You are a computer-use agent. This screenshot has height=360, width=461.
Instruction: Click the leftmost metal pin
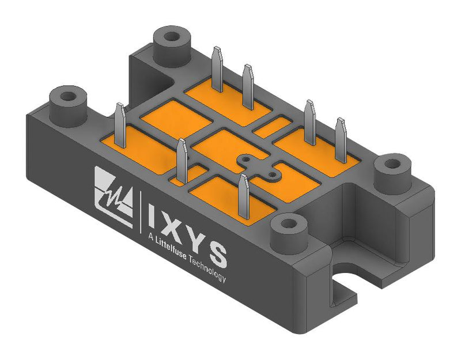click(x=120, y=124)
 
